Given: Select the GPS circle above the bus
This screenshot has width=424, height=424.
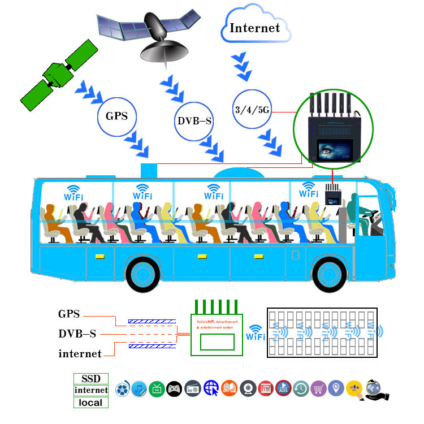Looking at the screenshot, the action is click(x=120, y=117).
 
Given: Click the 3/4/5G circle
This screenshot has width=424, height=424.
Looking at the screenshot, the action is click(x=252, y=109).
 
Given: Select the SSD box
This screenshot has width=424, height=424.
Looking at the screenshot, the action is click(x=91, y=378).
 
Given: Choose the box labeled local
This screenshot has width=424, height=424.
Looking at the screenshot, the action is click(x=91, y=403).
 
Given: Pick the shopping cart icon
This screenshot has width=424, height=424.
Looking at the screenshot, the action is click(x=319, y=388).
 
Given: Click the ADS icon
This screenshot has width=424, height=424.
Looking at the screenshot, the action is click(x=283, y=388).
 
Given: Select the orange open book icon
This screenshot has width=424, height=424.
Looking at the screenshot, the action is click(x=229, y=388).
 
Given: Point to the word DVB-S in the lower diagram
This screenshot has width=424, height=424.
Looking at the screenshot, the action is click(x=77, y=334).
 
